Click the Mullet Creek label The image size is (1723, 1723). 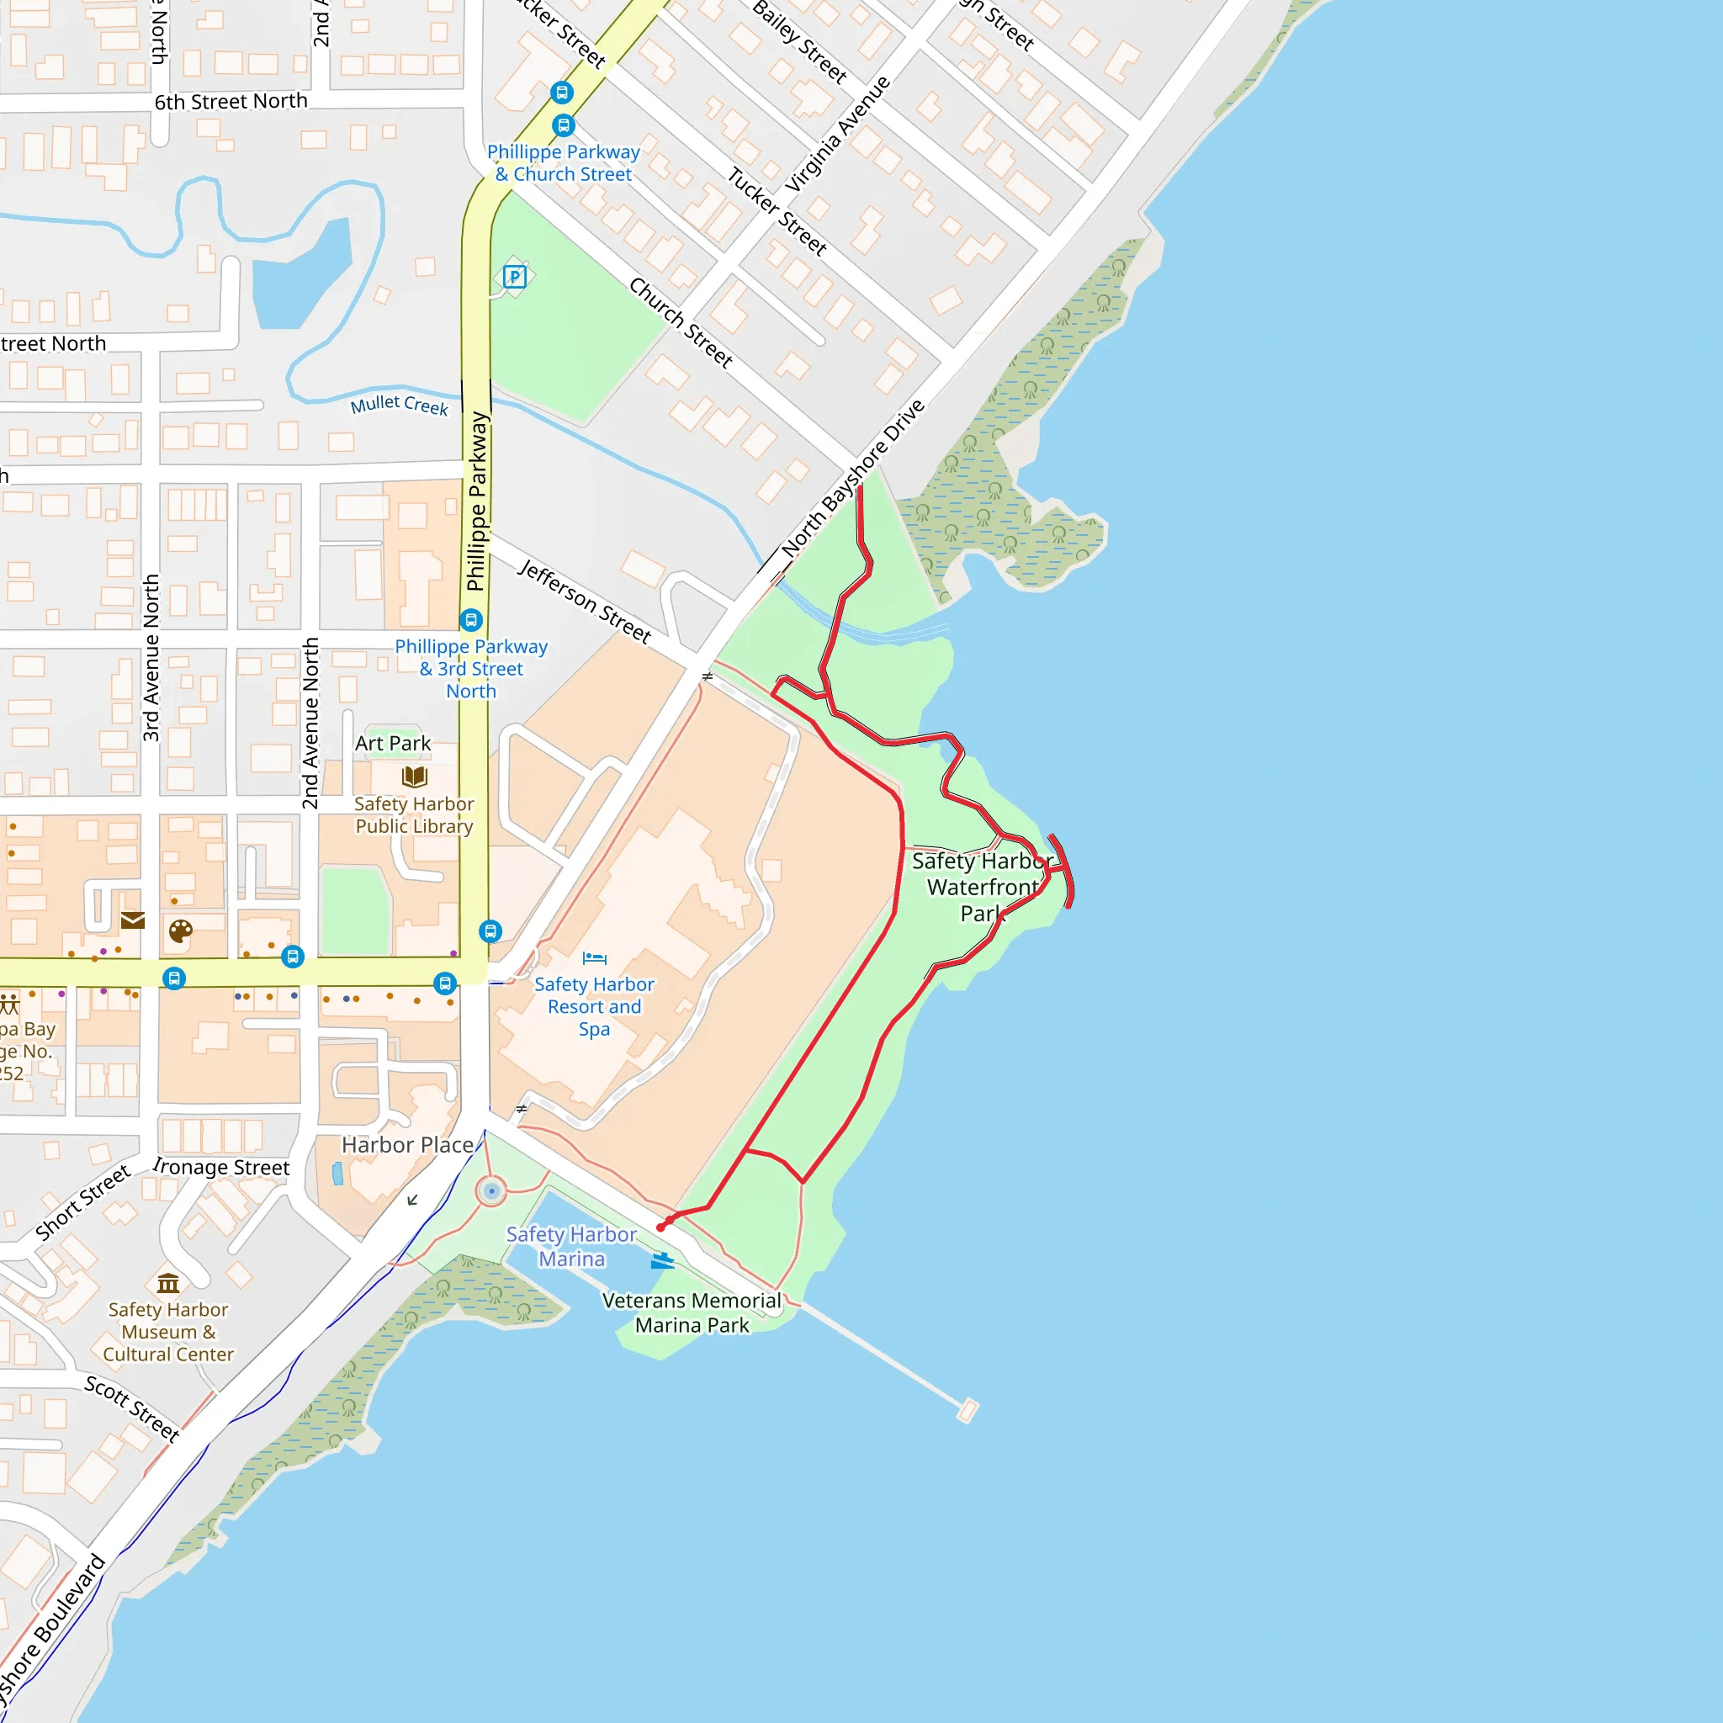pyautogui.click(x=399, y=405)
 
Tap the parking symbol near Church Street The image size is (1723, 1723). pyautogui.click(x=515, y=277)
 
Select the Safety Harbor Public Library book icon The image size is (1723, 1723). pyautogui.click(x=415, y=776)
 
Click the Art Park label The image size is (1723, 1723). pyautogui.click(x=392, y=743)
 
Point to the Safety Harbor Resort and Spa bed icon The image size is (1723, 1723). pyautogui.click(x=594, y=959)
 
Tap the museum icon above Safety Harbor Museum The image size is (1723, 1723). pyautogui.click(x=167, y=1283)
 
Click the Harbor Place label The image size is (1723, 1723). pyautogui.click(x=407, y=1144)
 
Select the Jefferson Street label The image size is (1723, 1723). pyautogui.click(x=585, y=601)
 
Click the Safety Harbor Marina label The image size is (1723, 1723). pyautogui.click(x=571, y=1246)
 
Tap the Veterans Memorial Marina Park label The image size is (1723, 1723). pyautogui.click(x=692, y=1312)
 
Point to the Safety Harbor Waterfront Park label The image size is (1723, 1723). pyautogui.click(x=982, y=887)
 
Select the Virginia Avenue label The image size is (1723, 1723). pyautogui.click(x=837, y=134)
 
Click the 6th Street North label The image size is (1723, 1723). pyautogui.click(x=231, y=102)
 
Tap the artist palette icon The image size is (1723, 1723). pyautogui.click(x=180, y=932)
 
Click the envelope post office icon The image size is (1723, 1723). pyautogui.click(x=133, y=920)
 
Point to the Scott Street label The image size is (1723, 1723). pyautogui.click(x=132, y=1408)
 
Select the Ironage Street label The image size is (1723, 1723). pyautogui.click(x=221, y=1167)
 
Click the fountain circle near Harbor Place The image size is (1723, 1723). pyautogui.click(x=491, y=1190)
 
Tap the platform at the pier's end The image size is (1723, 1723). pyautogui.click(x=968, y=1411)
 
